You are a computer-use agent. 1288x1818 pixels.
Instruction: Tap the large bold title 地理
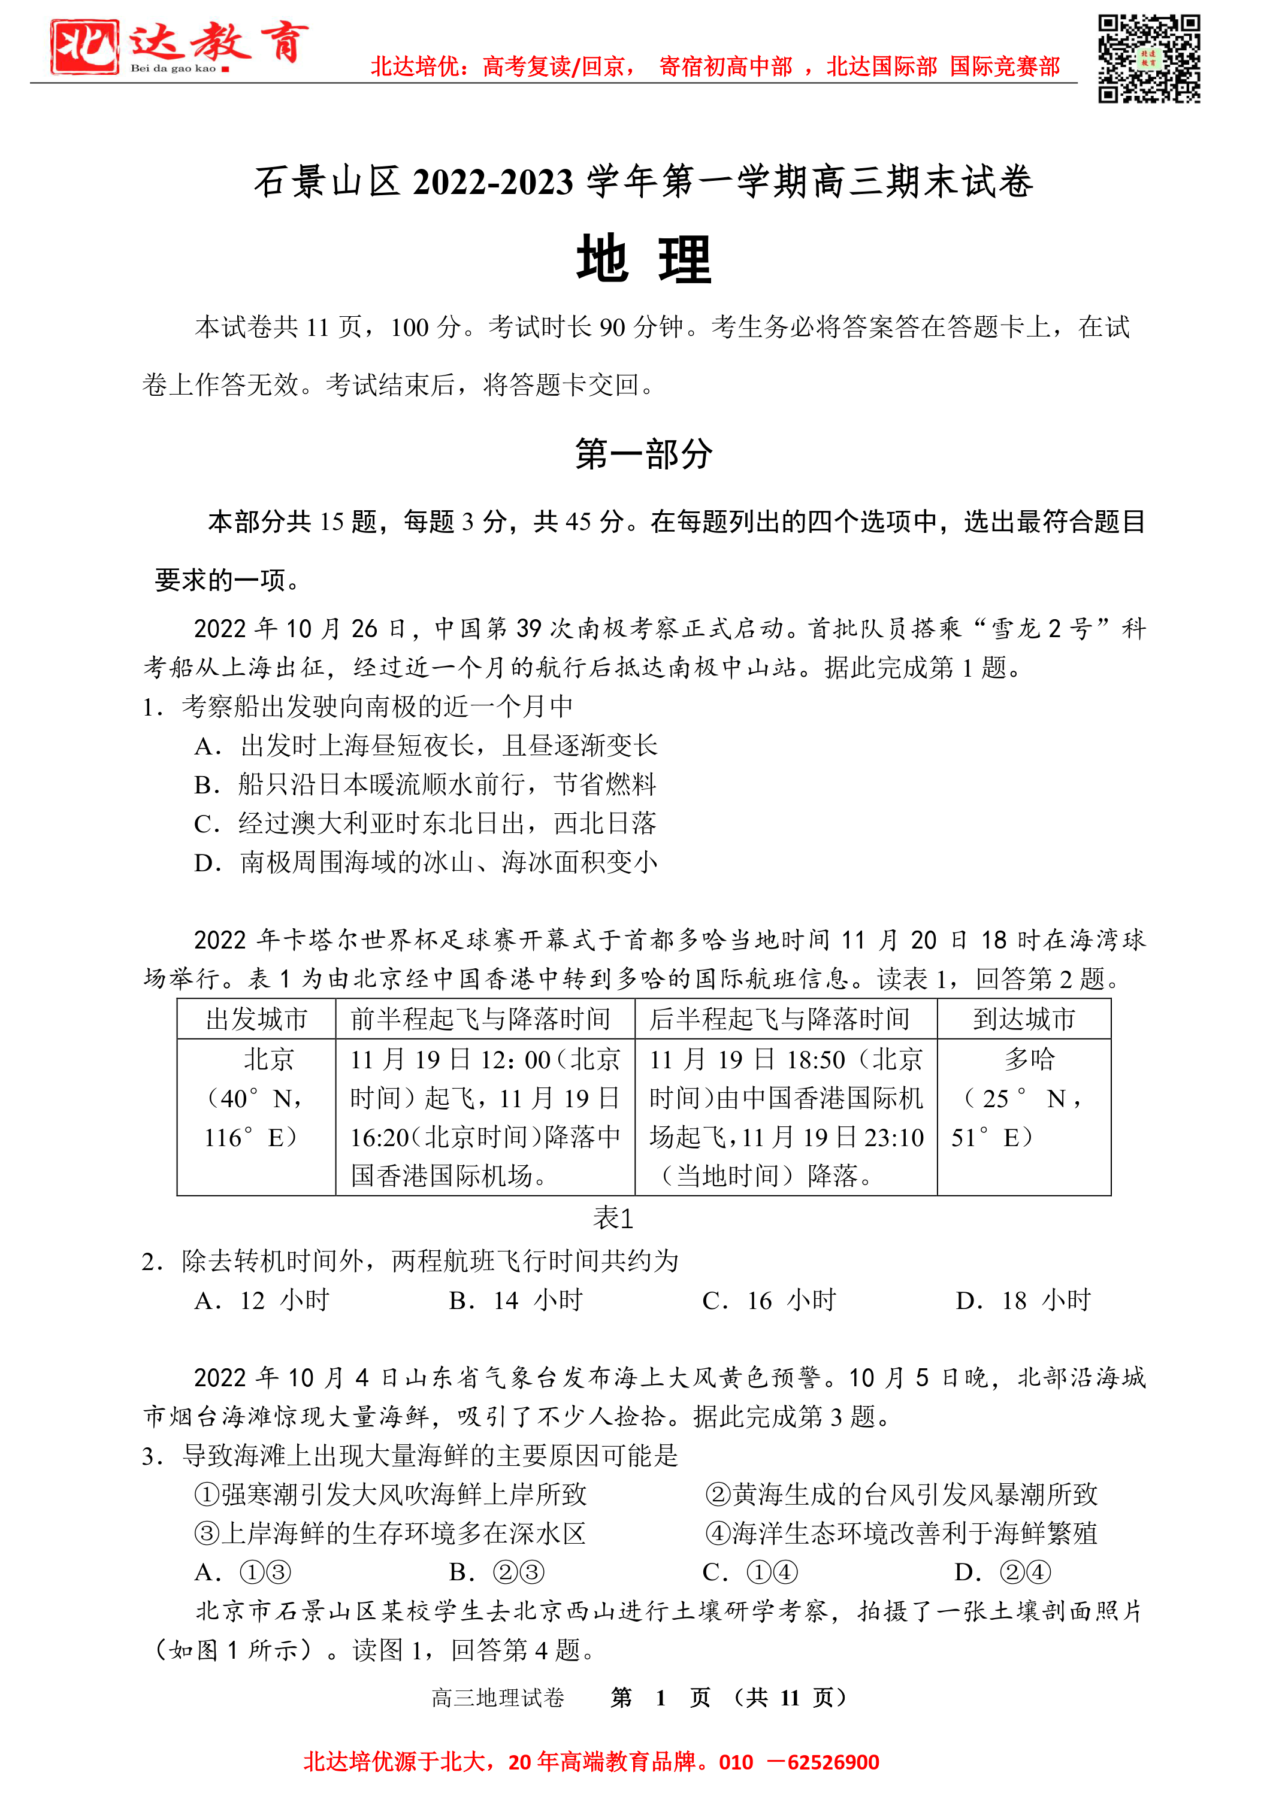pos(643,259)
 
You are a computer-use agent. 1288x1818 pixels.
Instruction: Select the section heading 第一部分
pos(643,454)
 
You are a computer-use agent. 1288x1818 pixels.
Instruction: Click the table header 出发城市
pos(256,1019)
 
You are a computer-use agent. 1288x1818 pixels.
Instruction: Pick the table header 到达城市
pos(1024,1019)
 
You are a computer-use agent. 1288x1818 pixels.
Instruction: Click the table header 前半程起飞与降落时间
pos(480,1019)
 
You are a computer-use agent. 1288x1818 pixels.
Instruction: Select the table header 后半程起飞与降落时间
pos(779,1019)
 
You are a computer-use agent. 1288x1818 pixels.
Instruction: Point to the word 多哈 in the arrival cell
pos(1029,1059)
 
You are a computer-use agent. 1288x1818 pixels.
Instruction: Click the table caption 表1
pos(613,1218)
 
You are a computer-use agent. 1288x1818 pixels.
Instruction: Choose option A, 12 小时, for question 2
pos(262,1300)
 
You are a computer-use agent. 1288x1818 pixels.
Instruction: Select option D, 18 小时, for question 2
pos(1024,1300)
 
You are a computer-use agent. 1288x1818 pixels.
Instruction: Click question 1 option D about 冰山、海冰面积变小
pos(426,862)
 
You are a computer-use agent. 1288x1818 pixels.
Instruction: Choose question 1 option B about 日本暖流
pos(426,784)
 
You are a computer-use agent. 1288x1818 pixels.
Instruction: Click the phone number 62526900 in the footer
pos(833,1762)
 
